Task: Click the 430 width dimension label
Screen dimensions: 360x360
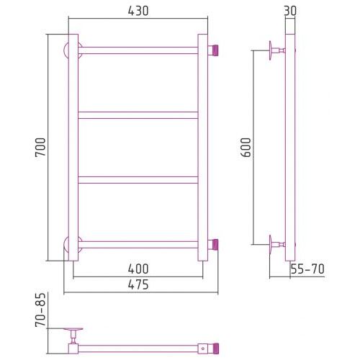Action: tap(138, 11)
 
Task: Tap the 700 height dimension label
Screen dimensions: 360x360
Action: tap(40, 147)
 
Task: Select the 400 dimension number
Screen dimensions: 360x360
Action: tap(138, 269)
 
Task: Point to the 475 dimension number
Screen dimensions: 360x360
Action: tap(138, 284)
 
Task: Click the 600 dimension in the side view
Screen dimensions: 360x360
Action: tap(246, 147)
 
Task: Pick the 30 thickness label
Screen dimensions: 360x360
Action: tap(290, 11)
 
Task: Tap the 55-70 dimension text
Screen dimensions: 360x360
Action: tap(307, 269)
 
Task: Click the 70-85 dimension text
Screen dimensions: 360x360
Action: tap(40, 310)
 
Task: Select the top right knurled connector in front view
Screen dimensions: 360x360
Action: tap(213, 50)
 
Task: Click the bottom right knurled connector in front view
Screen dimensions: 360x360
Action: tap(213, 244)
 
